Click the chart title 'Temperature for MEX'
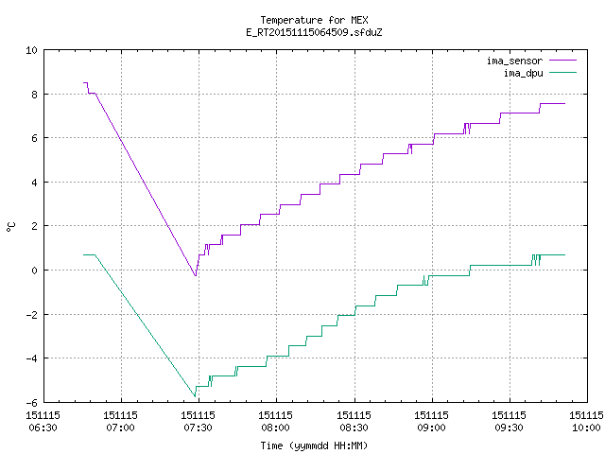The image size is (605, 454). pyautogui.click(x=314, y=20)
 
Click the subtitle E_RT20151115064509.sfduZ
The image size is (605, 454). pyautogui.click(x=314, y=32)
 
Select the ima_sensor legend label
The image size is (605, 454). pyautogui.click(x=514, y=61)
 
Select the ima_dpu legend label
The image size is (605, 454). pyautogui.click(x=523, y=73)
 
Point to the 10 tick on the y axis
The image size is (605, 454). pyautogui.click(x=31, y=50)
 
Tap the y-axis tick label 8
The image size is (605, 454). pyautogui.click(x=34, y=95)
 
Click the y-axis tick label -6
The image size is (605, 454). pyautogui.click(x=31, y=403)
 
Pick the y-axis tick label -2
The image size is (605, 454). pyautogui.click(x=31, y=315)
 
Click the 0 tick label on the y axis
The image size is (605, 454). pyautogui.click(x=34, y=271)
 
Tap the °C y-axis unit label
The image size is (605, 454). pyautogui.click(x=10, y=227)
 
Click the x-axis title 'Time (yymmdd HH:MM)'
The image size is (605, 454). pyautogui.click(x=314, y=445)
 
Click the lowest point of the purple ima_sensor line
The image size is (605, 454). pyautogui.click(x=196, y=275)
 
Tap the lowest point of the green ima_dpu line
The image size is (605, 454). pyautogui.click(x=195, y=396)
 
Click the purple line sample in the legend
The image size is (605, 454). pyautogui.click(x=562, y=61)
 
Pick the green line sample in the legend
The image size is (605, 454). pyautogui.click(x=562, y=72)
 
